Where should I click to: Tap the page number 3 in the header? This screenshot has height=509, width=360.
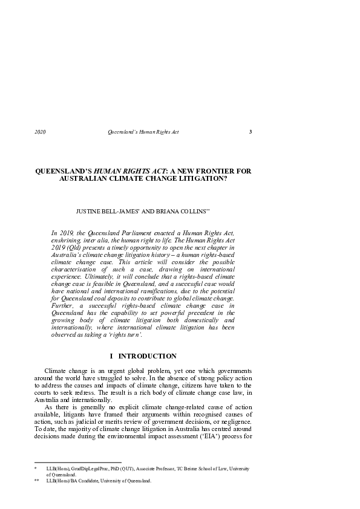(x=250, y=132)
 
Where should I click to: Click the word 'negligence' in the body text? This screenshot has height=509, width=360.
(x=231, y=421)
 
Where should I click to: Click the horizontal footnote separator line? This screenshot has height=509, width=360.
(x=78, y=462)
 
